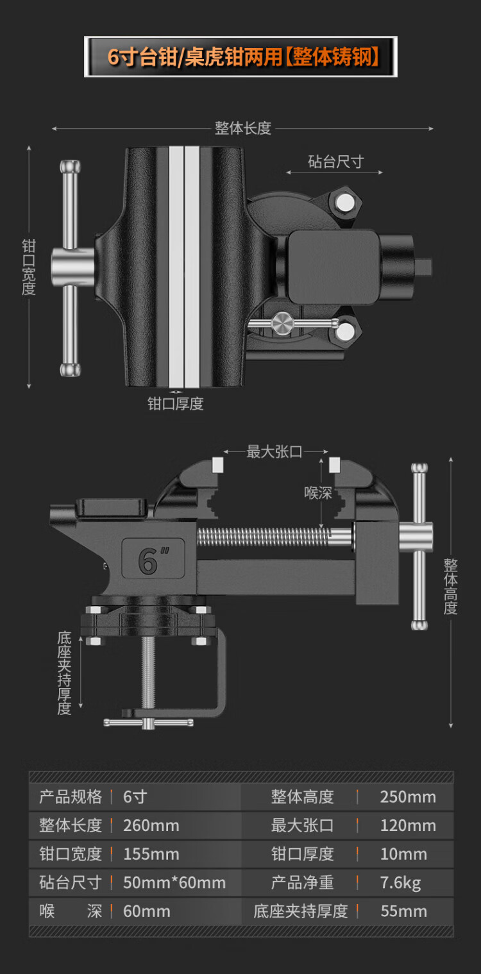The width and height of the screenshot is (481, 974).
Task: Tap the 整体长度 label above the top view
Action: pyautogui.click(x=243, y=128)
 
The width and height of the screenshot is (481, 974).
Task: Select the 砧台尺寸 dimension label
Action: pyautogui.click(x=336, y=162)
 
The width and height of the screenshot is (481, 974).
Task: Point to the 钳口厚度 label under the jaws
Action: pyautogui.click(x=175, y=404)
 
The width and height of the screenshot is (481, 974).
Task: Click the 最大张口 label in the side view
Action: pyautogui.click(x=274, y=452)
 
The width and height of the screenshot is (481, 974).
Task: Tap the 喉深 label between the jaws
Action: pyautogui.click(x=318, y=493)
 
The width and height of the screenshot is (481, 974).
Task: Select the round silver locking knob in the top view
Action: pyautogui.click(x=282, y=324)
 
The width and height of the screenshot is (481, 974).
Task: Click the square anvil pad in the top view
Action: pyautogui.click(x=333, y=267)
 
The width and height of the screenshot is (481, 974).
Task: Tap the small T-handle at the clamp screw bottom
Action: pyautogui.click(x=148, y=723)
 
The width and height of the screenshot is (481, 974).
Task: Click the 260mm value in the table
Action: pyautogui.click(x=151, y=826)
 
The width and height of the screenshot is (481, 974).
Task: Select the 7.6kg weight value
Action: pyautogui.click(x=401, y=883)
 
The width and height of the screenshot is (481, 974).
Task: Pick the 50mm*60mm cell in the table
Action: pyautogui.click(x=174, y=883)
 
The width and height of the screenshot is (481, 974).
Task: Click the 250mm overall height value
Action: pyautogui.click(x=408, y=797)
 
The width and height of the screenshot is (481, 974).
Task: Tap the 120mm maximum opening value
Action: pyautogui.click(x=408, y=826)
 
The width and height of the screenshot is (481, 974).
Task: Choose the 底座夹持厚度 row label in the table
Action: pyautogui.click(x=301, y=911)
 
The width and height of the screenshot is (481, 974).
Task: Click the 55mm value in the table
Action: pyautogui.click(x=404, y=911)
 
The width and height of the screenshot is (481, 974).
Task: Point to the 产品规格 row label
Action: pyautogui.click(x=71, y=797)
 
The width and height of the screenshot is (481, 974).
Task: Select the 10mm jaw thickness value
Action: pyautogui.click(x=403, y=855)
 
